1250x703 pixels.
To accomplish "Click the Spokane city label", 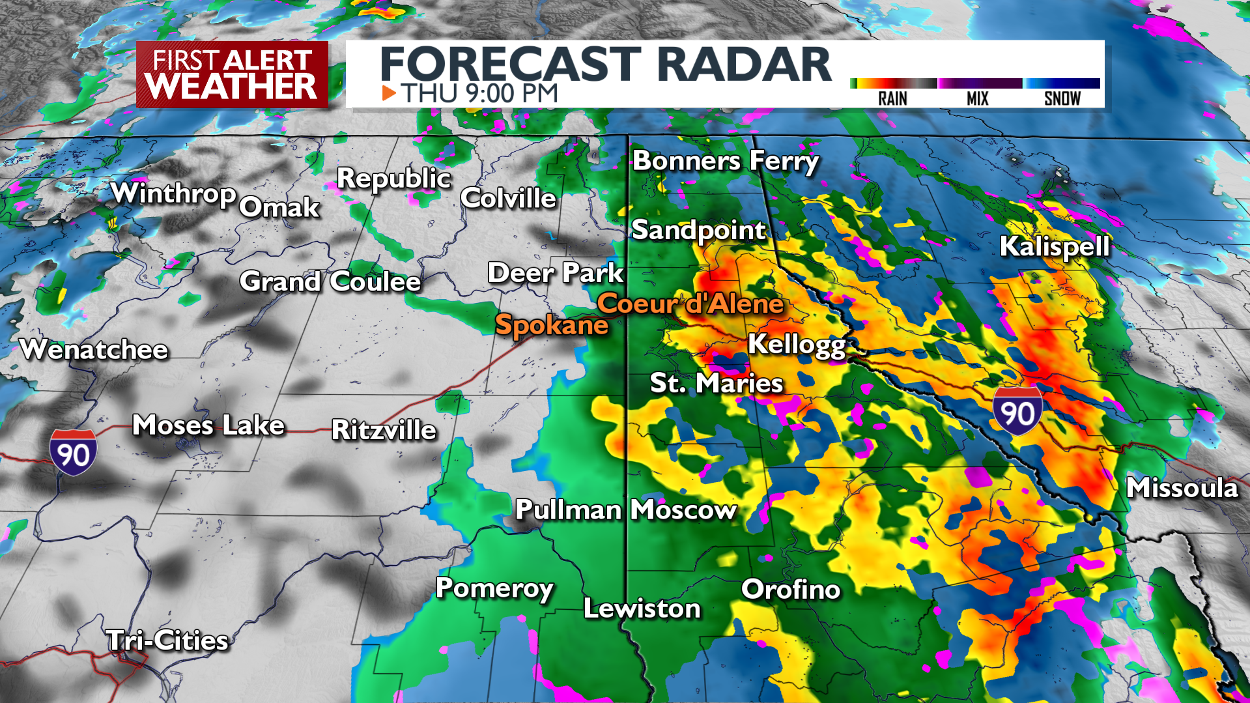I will tap(552, 325).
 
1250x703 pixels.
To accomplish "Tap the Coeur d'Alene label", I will tap(690, 304).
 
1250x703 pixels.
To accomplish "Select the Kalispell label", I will tap(1054, 247).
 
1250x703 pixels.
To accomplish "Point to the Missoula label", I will tap(1182, 488).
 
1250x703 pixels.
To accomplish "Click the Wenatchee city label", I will tap(94, 350).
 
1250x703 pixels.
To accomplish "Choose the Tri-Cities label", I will tap(167, 640).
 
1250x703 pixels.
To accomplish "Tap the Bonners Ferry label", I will tap(726, 161).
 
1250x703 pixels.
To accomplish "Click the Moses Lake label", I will tap(208, 425).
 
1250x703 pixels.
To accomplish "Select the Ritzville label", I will tap(384, 430).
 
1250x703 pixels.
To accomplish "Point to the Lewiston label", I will tap(642, 609).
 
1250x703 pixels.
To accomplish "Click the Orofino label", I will tap(791, 590).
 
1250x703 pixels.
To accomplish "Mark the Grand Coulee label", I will tap(330, 281).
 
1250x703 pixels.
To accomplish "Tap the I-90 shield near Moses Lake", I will tap(73, 452).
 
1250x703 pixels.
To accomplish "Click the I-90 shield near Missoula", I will tap(1017, 411).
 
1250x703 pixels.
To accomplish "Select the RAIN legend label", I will tap(892, 98).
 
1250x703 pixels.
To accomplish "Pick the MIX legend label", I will tap(977, 98).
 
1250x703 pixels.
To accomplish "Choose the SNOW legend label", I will tap(1062, 98).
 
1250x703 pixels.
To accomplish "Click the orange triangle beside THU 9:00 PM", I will tap(389, 93).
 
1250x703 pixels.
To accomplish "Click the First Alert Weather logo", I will tap(232, 74).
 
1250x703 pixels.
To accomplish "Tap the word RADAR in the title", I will tap(744, 65).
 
